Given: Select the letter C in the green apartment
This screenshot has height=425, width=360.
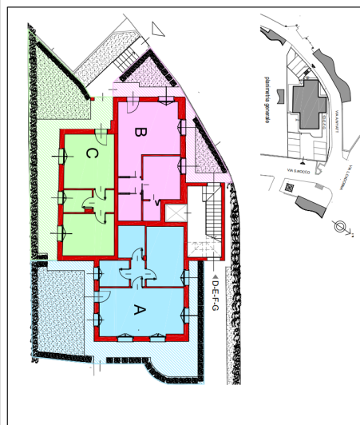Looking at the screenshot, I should (93, 153).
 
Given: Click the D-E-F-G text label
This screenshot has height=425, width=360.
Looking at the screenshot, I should (216, 300).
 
